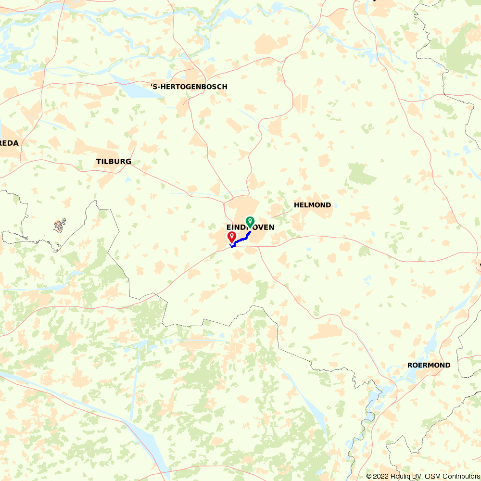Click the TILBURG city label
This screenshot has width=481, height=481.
(114, 162)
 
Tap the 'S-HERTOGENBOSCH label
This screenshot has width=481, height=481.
(189, 87)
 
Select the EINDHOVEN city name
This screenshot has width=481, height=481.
(250, 227)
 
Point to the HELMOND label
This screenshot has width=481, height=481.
(312, 205)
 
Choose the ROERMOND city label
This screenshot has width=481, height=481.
(429, 365)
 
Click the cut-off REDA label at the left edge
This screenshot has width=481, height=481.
(9, 143)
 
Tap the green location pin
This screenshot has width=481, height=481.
(250, 222)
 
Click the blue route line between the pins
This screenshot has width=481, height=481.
(240, 239)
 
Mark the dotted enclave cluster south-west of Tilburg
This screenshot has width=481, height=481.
(60, 225)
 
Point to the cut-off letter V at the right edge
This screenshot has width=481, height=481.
(479, 266)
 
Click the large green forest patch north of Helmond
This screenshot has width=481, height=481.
(361, 174)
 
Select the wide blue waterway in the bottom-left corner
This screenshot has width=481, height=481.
(96, 409)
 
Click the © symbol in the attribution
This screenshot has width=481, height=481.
(369, 476)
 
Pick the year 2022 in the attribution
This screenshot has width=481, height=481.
(380, 476)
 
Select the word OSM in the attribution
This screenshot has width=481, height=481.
(431, 476)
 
